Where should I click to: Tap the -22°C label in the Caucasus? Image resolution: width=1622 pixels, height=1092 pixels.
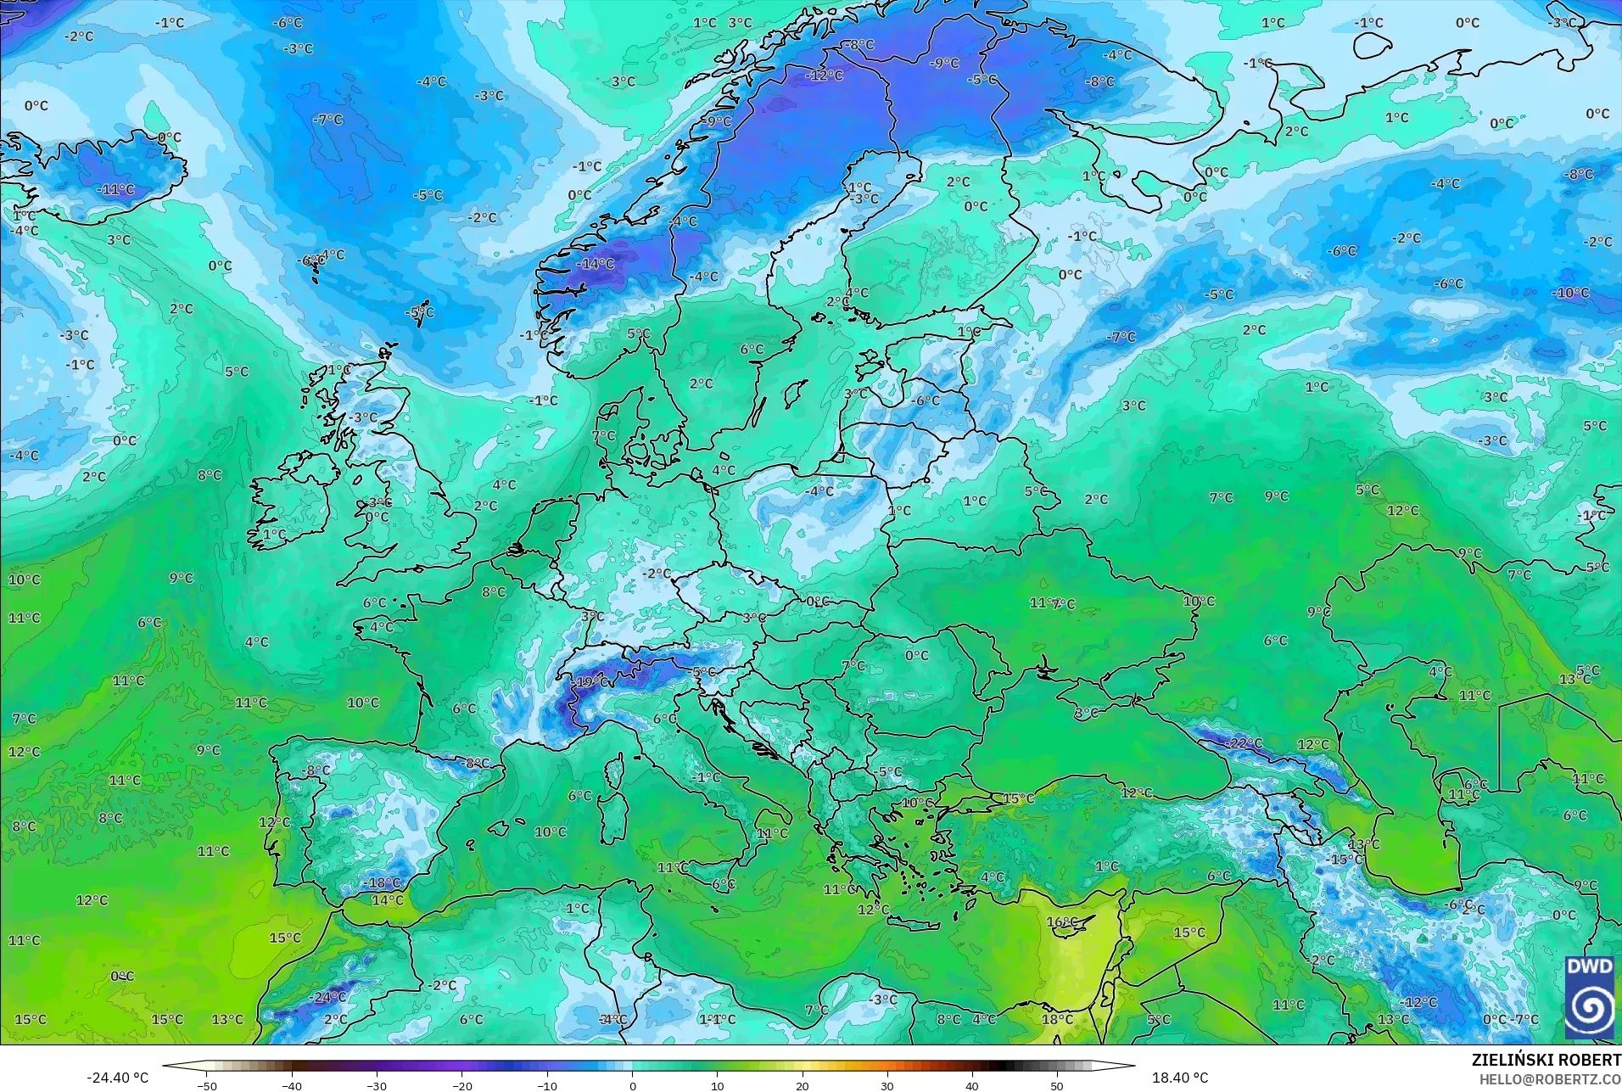1244,743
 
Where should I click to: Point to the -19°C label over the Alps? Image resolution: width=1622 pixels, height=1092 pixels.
590,681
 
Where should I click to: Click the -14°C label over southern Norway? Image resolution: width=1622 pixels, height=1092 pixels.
596,264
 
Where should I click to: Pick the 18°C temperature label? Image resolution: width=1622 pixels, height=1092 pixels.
1057,1019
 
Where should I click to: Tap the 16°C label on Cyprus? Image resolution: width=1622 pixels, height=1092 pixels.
1062,922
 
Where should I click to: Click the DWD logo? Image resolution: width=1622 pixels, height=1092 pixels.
1590,997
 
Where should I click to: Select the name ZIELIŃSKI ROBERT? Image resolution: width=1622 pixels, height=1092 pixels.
1546,1061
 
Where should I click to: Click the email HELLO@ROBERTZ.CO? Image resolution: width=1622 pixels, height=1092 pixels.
1550,1079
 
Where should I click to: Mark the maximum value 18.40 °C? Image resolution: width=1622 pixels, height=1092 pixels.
1179,1078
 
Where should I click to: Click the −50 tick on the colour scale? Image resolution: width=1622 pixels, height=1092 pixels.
207,1085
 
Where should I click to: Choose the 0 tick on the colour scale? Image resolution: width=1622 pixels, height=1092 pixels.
632,1085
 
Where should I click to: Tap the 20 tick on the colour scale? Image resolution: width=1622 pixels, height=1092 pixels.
802,1085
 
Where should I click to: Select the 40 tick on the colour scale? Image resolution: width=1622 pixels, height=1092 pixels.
971,1085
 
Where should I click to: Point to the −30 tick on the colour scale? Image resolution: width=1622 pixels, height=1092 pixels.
377,1085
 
